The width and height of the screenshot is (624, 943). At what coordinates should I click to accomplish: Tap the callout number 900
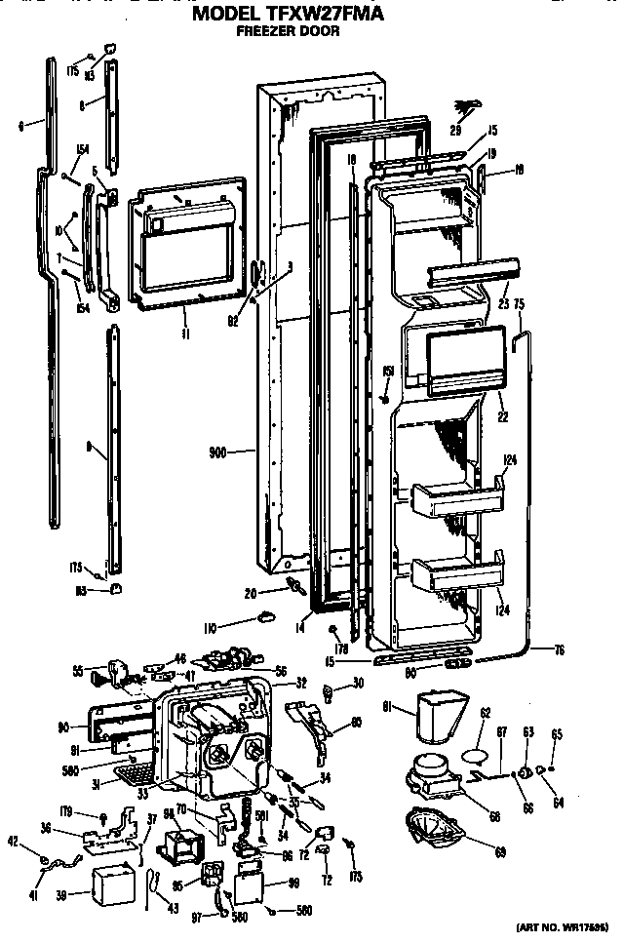click(217, 452)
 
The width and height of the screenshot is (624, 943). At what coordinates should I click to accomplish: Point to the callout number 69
click(500, 853)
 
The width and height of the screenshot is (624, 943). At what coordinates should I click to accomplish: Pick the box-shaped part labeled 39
click(113, 885)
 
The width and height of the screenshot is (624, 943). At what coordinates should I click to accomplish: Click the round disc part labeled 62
click(472, 754)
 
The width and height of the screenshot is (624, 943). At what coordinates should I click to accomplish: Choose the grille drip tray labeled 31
click(133, 774)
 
